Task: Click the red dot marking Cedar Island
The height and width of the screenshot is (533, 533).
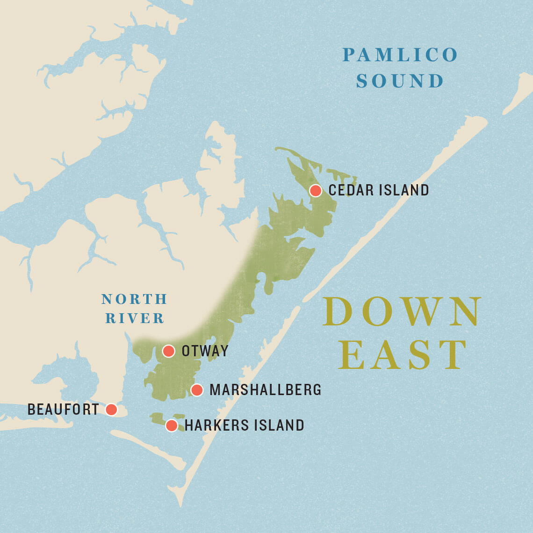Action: pos(316,190)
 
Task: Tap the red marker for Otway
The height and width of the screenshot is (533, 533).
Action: pos(168,351)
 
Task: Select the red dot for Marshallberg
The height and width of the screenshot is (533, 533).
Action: pos(197,389)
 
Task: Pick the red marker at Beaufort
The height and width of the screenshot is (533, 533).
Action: pos(111,410)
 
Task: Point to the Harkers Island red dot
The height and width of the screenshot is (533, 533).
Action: pos(172,425)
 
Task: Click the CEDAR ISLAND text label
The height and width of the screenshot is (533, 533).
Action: pos(379,190)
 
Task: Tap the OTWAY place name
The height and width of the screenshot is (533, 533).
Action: pos(205,351)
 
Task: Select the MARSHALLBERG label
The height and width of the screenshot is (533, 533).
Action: pos(265,389)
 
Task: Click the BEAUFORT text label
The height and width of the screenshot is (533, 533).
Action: pos(63,410)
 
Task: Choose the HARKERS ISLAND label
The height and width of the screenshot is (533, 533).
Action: pos(244,425)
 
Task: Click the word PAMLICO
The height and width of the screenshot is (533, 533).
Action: pos(400,55)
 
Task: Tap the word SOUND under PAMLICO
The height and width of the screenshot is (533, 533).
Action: pos(400,81)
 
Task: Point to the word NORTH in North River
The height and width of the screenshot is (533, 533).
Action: pos(134,299)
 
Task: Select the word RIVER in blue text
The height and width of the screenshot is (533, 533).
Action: pos(135,318)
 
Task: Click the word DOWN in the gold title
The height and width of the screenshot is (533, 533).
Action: pos(402,312)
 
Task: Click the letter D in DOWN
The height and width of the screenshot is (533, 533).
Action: pos(338,312)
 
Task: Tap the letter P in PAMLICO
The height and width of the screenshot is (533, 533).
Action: pos(349,55)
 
